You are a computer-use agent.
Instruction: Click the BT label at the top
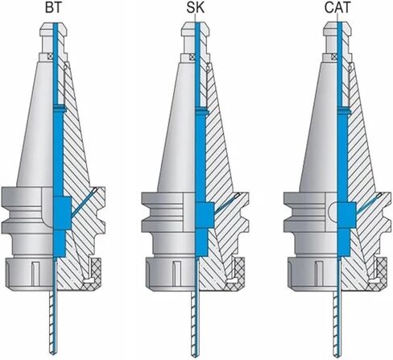click(53, 8)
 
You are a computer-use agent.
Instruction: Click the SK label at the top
click(196, 8)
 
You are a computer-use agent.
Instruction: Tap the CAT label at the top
click(337, 8)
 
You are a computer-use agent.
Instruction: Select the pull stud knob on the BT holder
click(53, 30)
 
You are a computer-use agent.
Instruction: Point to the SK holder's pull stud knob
click(195, 30)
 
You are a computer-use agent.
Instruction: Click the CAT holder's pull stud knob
click(337, 30)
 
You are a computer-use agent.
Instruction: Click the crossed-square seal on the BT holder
click(50, 56)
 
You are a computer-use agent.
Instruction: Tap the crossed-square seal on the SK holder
click(192, 57)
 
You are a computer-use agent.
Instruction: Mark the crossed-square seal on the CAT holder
click(333, 57)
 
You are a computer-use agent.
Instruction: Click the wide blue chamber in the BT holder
click(62, 213)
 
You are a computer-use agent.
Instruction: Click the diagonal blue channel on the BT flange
click(84, 202)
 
